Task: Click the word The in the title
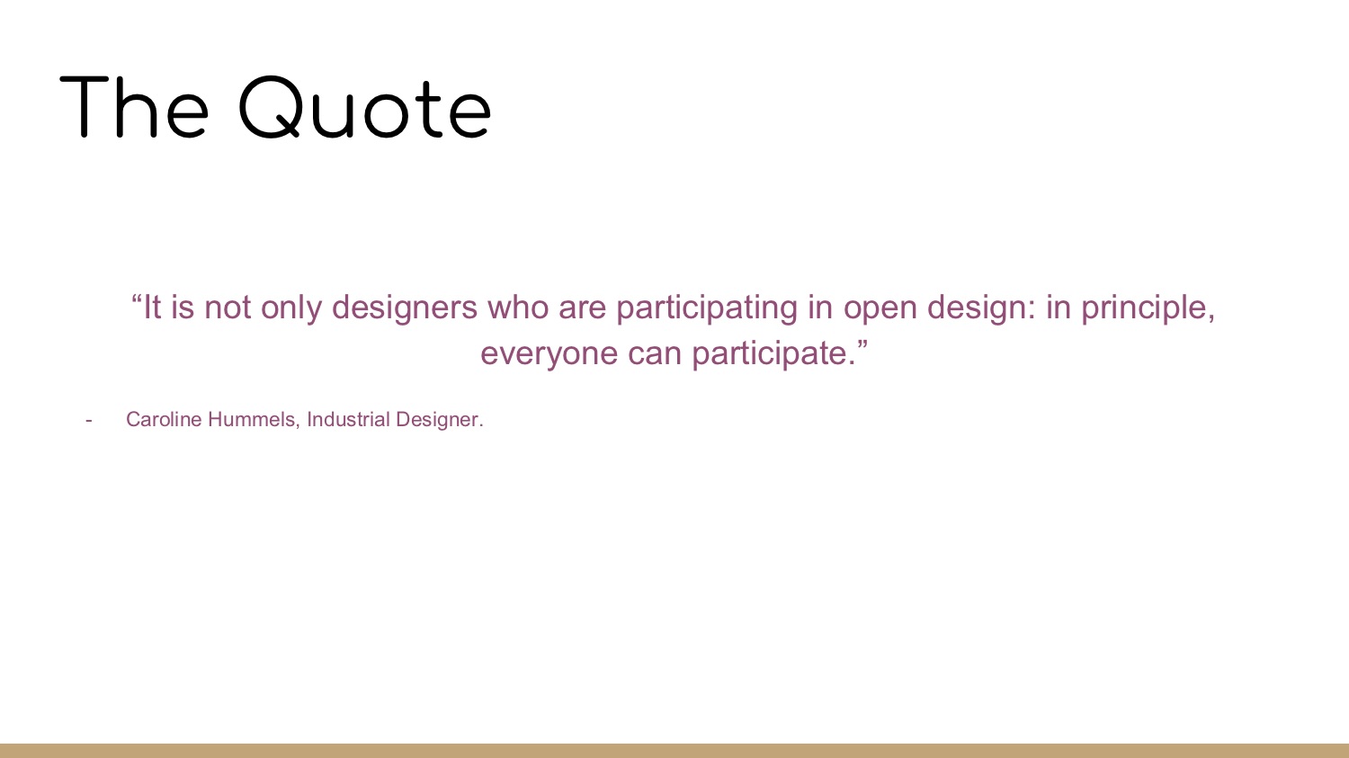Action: click(134, 107)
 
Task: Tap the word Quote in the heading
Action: click(365, 107)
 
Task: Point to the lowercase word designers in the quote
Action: click(405, 307)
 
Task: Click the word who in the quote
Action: click(518, 307)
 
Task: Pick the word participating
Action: click(707, 307)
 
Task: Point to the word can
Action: click(655, 354)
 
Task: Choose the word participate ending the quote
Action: click(773, 353)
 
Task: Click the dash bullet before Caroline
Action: click(89, 420)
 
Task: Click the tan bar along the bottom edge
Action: click(674, 751)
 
